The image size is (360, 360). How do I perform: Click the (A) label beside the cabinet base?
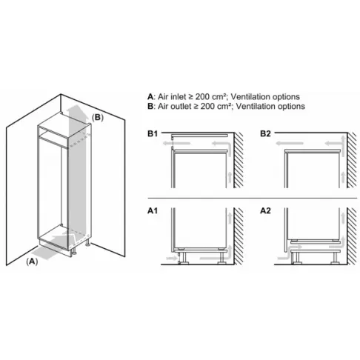click(x=33, y=261)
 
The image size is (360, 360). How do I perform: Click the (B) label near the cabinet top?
click(x=98, y=116)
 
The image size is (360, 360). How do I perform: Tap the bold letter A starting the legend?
click(x=151, y=96)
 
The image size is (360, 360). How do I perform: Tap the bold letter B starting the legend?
click(x=151, y=106)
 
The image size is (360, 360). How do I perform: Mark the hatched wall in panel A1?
click(x=238, y=237)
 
